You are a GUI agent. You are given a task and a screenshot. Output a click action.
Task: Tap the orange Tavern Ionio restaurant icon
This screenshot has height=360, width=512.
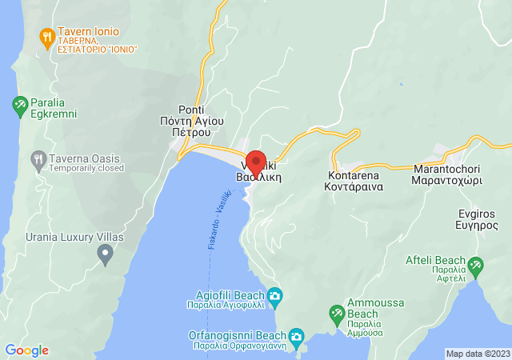46,36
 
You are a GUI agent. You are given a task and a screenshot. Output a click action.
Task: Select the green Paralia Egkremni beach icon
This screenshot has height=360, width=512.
20,104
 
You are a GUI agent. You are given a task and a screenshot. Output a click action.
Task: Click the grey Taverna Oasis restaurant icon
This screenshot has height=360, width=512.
38,158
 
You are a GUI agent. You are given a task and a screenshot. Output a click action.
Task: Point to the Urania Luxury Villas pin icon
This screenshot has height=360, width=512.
105,254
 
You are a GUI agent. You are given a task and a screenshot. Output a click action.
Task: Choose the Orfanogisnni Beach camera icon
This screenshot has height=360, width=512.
296,335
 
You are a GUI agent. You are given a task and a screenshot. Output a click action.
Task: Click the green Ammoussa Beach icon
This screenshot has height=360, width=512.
337,311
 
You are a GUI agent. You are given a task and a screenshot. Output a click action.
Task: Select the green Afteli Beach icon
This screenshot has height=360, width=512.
475,265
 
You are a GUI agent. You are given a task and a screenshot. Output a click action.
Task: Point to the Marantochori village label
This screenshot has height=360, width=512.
446,175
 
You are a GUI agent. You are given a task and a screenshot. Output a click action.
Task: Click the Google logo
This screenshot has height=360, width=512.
27,350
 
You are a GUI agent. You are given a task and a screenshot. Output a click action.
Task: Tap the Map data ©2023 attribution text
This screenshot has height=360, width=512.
477,354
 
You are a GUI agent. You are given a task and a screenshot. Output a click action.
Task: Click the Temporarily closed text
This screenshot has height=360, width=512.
86,168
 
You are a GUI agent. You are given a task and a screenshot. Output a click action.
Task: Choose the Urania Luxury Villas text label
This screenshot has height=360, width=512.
52,238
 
